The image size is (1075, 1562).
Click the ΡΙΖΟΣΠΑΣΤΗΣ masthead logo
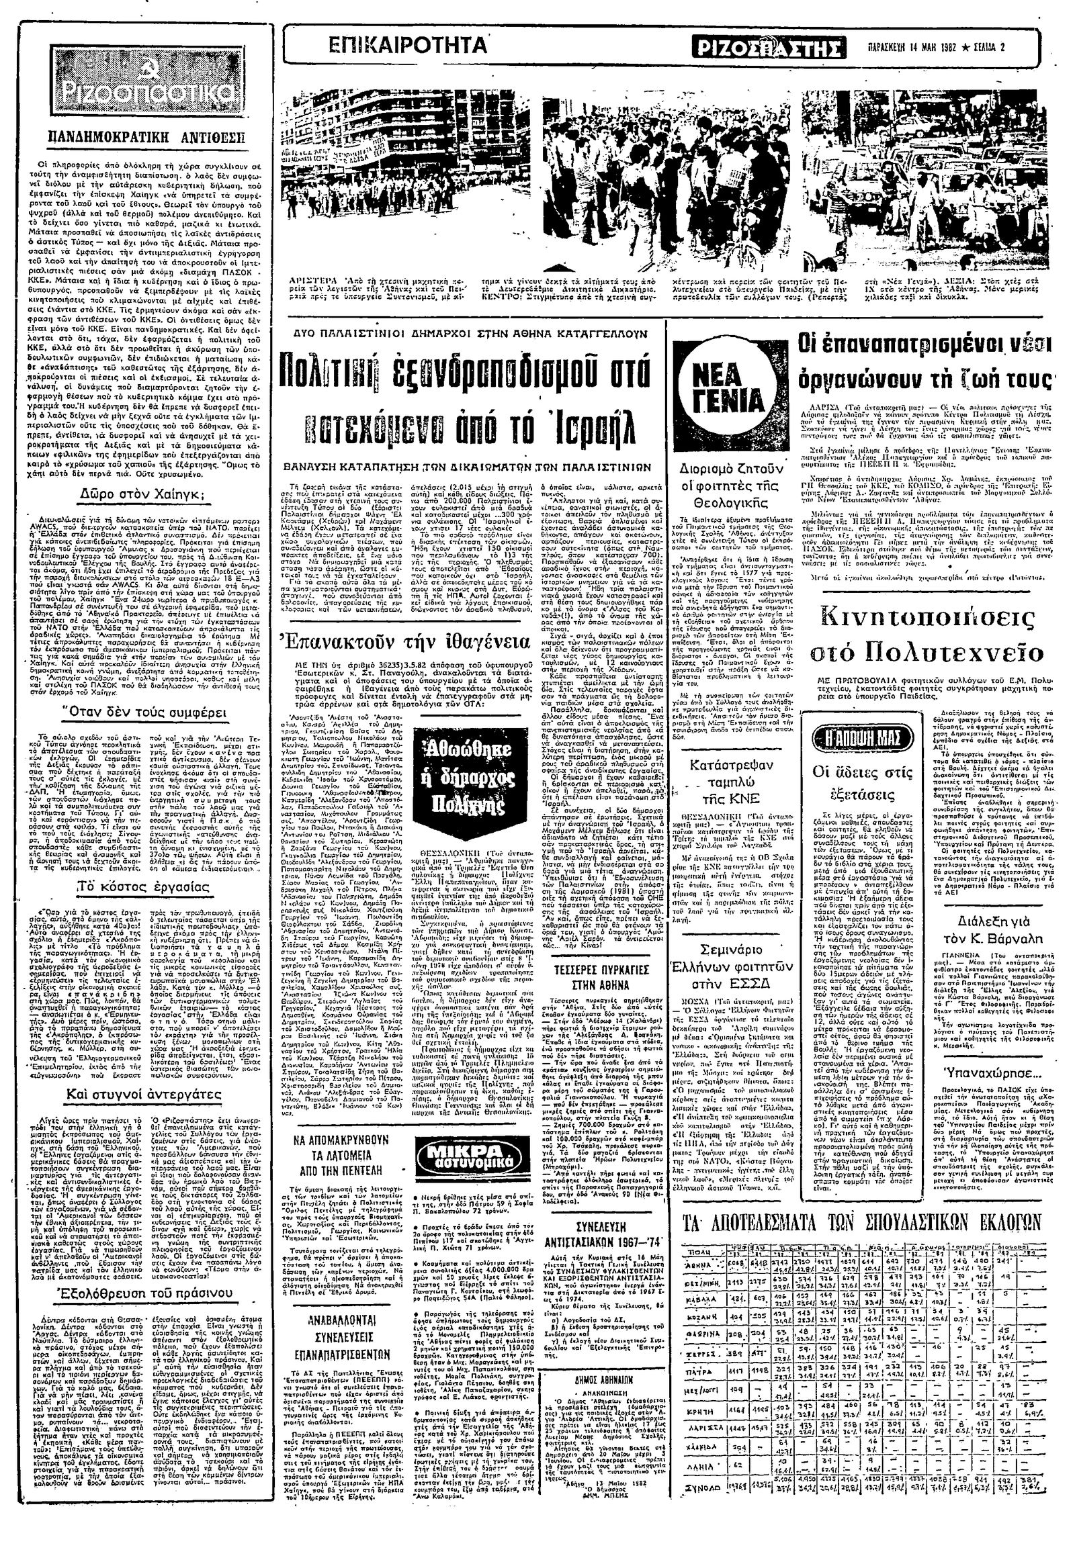(769, 48)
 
